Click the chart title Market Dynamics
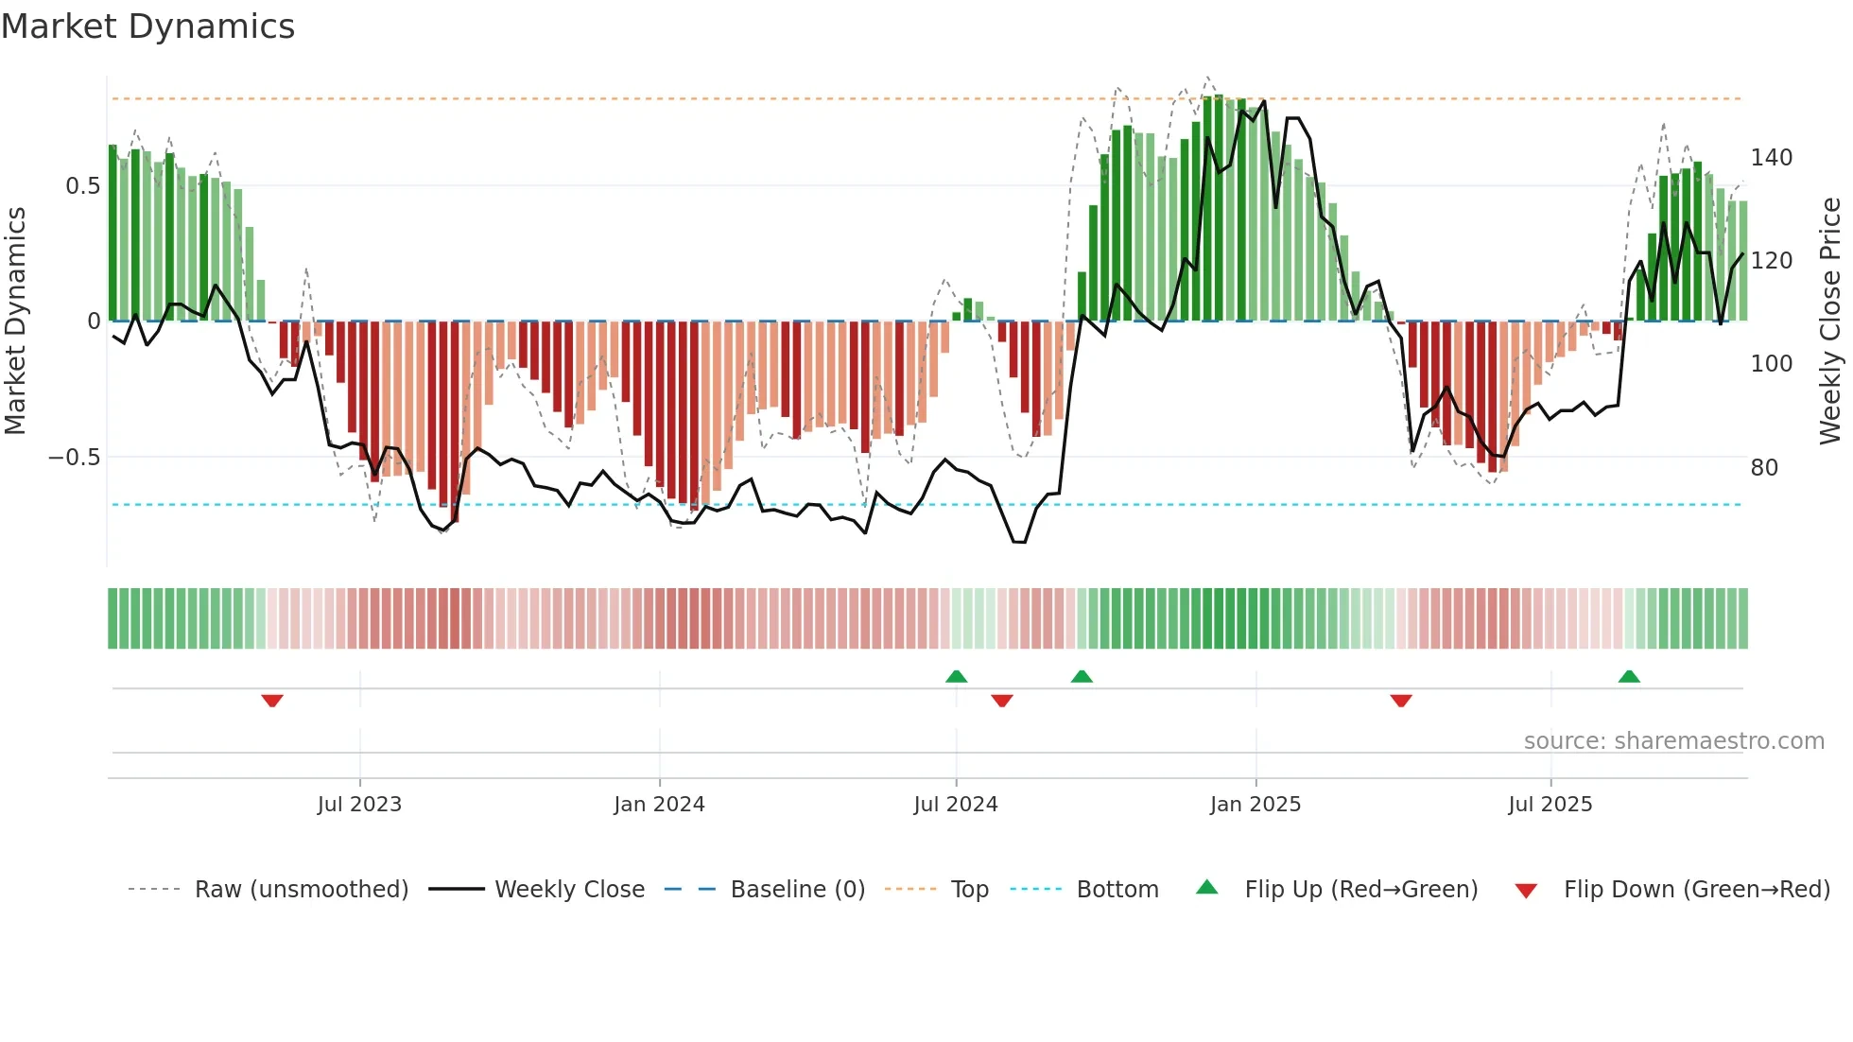(x=147, y=26)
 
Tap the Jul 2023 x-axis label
(x=359, y=805)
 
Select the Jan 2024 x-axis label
(x=659, y=805)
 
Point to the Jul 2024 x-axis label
(x=955, y=805)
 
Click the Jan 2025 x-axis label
(x=1255, y=805)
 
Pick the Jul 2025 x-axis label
(x=1550, y=805)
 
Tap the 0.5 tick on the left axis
(x=82, y=186)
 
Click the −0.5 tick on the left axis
(x=74, y=458)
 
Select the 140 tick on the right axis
(x=1771, y=158)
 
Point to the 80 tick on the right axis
(x=1763, y=468)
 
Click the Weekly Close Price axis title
(x=1830, y=321)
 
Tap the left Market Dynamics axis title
(x=15, y=321)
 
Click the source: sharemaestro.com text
(x=1673, y=741)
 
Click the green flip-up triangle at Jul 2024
(x=956, y=676)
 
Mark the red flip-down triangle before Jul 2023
(x=272, y=701)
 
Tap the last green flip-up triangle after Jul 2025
(x=1628, y=676)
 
